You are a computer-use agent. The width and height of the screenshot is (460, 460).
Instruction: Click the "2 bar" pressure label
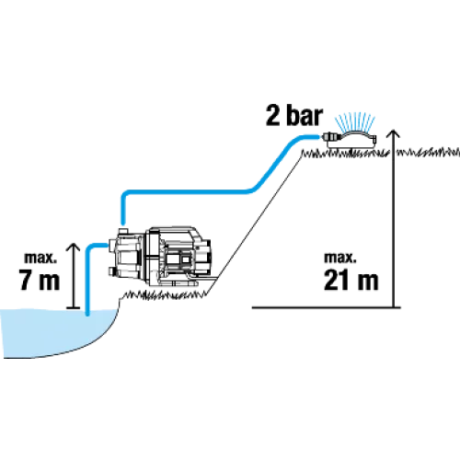[294, 115]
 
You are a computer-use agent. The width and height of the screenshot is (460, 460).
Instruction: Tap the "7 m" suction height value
[39, 280]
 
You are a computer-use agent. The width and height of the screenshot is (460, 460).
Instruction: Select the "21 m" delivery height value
[351, 280]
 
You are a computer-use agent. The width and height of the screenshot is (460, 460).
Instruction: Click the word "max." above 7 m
[40, 258]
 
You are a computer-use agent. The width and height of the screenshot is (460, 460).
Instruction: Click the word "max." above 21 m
[340, 258]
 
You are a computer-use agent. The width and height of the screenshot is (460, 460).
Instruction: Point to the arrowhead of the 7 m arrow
[74, 247]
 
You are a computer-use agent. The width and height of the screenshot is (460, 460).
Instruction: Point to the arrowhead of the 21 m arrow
[393, 133]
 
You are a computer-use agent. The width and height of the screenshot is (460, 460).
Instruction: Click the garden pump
[159, 257]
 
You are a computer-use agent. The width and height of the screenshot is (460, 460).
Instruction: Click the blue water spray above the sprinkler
[355, 122]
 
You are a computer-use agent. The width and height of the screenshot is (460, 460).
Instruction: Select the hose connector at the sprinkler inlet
[329, 136]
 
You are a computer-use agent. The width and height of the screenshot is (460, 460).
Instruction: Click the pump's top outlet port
[122, 229]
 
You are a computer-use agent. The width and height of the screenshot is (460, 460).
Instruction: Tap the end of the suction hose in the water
[87, 314]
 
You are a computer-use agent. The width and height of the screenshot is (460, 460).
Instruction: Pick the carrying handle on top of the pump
[176, 231]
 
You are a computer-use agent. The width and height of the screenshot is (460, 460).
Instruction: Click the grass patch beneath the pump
[165, 295]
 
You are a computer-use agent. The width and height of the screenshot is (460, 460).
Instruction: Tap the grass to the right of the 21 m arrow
[428, 152]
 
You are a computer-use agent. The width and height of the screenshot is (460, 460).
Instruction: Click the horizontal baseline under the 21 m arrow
[326, 307]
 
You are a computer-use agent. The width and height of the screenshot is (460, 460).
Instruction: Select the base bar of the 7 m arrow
[74, 307]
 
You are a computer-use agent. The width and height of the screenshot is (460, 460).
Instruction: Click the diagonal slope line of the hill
[256, 224]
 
